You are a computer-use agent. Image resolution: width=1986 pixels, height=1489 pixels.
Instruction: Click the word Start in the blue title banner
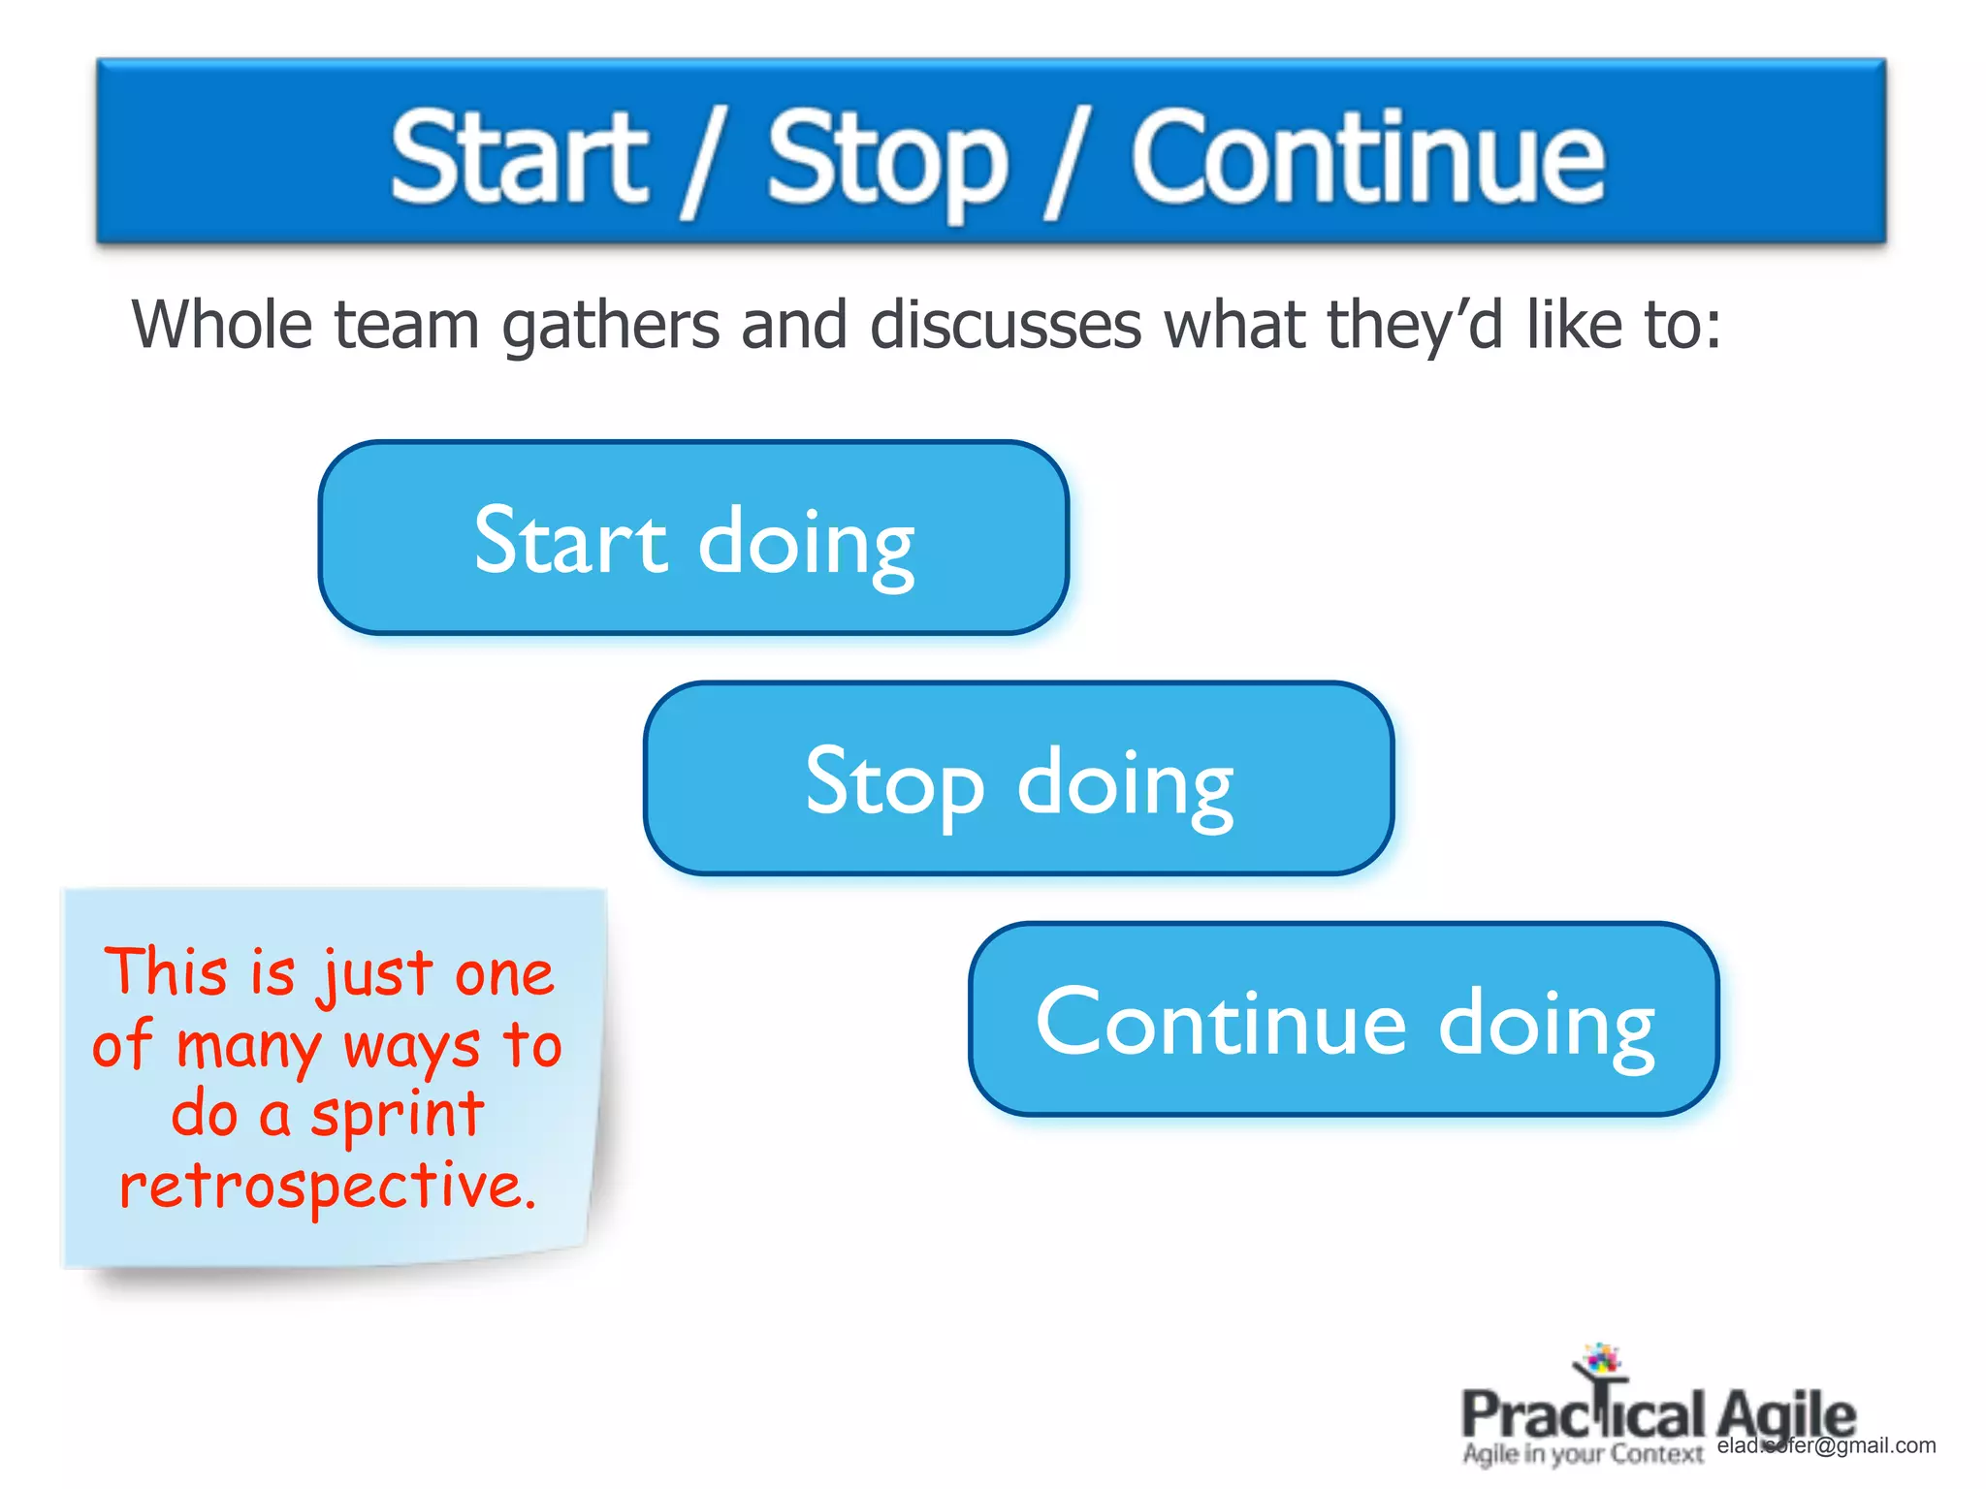click(519, 158)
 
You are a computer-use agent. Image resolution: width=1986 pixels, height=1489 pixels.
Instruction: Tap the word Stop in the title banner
click(887, 160)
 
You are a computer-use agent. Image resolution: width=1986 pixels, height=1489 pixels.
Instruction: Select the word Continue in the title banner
click(1367, 158)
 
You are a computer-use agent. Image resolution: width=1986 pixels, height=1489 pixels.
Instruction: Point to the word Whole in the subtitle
click(221, 325)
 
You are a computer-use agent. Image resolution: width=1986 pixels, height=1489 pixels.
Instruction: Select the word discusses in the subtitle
click(1006, 325)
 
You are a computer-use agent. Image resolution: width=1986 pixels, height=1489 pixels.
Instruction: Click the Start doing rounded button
click(693, 539)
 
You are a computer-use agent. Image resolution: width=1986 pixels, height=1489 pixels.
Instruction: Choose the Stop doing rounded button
click(1018, 779)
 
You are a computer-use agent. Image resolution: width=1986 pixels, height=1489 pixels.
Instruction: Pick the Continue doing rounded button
click(1343, 1020)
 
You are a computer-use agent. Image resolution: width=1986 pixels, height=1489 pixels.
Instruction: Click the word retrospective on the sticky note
click(328, 1187)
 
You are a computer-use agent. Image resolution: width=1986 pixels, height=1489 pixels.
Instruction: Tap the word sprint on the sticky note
click(397, 1115)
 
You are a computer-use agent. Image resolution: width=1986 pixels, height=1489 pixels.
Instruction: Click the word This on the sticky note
click(166, 971)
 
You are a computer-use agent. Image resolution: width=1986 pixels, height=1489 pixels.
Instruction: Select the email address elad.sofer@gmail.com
click(1826, 1445)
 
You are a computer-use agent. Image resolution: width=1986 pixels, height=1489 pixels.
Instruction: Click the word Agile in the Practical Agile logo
click(1785, 1416)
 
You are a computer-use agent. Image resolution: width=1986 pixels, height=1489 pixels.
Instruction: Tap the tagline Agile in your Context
click(1583, 1454)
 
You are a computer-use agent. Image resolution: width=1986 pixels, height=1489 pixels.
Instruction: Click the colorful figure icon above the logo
click(1600, 1361)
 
